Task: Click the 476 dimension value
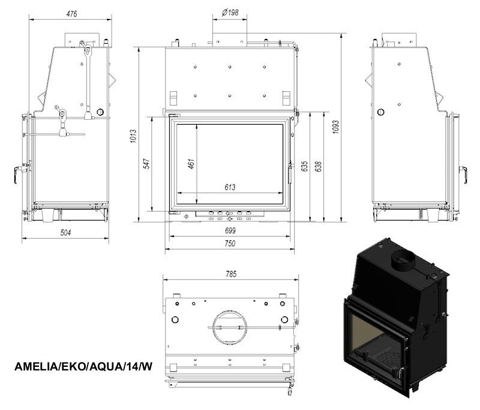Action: [x=71, y=14]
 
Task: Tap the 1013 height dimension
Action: [x=133, y=137]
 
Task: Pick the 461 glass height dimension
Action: [x=191, y=164]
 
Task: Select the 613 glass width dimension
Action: [x=230, y=187]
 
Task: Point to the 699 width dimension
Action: [x=230, y=231]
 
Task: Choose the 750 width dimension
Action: [x=230, y=243]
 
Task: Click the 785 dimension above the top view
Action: [x=232, y=274]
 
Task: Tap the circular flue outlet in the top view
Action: [x=230, y=327]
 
